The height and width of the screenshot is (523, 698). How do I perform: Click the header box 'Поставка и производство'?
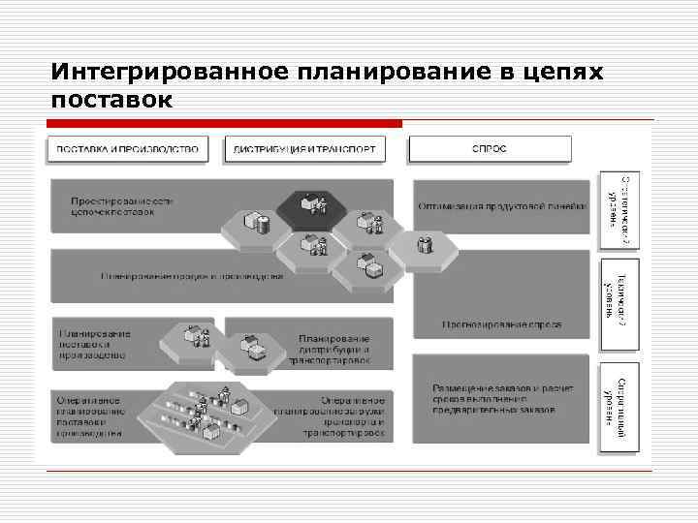127,148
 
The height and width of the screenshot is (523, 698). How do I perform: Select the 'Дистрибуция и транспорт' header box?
305,148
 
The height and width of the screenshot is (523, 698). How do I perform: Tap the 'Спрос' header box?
489,148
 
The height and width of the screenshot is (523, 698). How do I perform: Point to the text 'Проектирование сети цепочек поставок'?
122,206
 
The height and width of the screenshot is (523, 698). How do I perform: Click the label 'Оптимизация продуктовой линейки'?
502,205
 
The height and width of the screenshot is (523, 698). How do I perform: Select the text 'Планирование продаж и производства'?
192,276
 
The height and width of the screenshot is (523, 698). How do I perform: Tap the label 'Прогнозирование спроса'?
501,324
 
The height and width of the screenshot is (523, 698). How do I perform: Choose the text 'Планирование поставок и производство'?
95,344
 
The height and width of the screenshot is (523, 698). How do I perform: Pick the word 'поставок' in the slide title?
111,100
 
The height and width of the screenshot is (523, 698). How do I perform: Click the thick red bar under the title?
224,124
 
